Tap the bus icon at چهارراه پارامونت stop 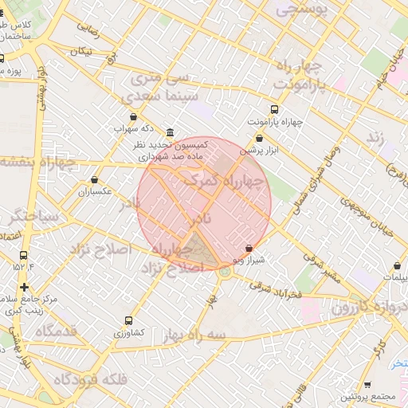pos(275,109)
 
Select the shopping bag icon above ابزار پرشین pos(259,139)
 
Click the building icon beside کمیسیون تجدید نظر pos(170,133)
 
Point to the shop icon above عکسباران pos(96,180)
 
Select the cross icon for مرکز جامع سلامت pos(25,287)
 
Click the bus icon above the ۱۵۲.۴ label pos(22,256)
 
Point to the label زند pos(375,138)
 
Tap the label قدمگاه pos(57,330)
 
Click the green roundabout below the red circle pos(226,272)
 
